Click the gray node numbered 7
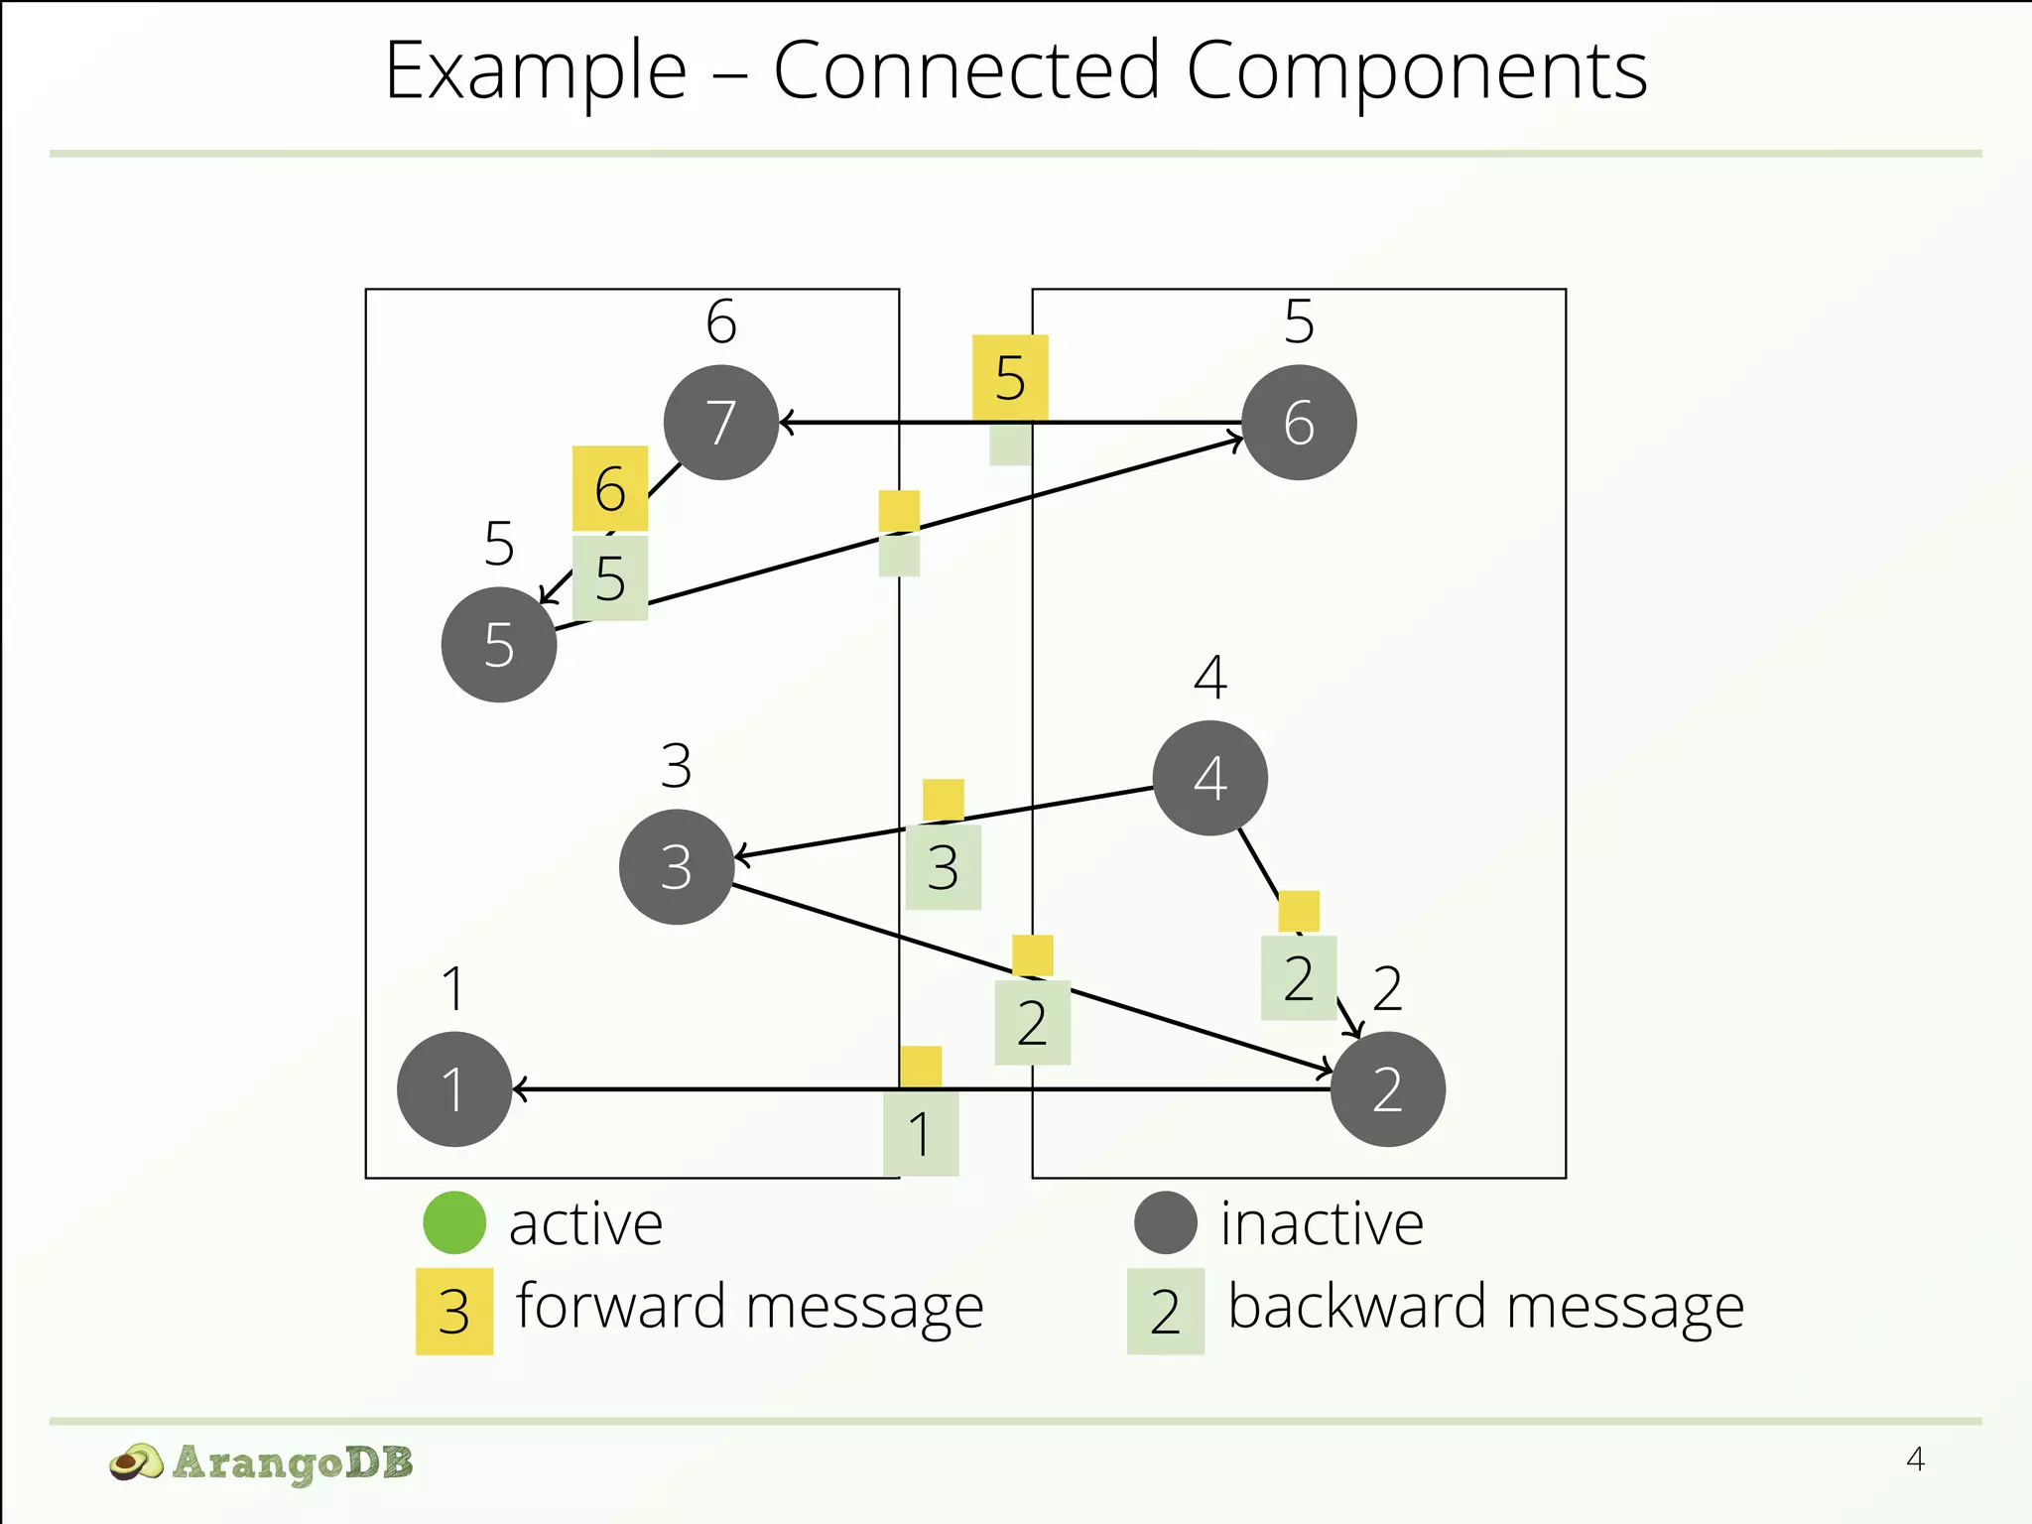coord(721,423)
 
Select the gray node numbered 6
coord(1299,423)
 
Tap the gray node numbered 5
coord(499,645)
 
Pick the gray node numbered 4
coord(1209,778)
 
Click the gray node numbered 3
coord(677,867)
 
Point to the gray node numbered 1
coord(454,1089)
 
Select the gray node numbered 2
coord(1387,1089)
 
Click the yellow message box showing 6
coord(610,488)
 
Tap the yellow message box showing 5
coord(1010,377)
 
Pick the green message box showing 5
coord(610,577)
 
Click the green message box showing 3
coord(944,867)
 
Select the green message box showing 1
coord(921,1133)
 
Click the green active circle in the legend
coord(454,1222)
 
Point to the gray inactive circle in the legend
coord(1166,1222)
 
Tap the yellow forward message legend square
coord(454,1312)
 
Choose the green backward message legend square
coord(1166,1312)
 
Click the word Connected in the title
coord(966,71)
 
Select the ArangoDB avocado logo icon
coord(135,1462)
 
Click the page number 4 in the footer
coord(1915,1460)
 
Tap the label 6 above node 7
coord(721,321)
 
